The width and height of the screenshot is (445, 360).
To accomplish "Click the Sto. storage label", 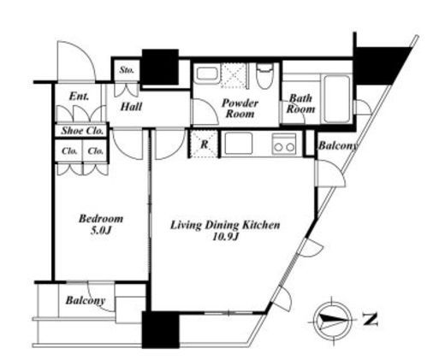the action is (x=127, y=70).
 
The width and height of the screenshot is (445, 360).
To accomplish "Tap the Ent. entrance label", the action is (x=79, y=97).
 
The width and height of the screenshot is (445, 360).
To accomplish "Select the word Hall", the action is (x=131, y=107).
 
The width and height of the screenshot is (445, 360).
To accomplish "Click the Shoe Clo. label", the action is (x=82, y=131).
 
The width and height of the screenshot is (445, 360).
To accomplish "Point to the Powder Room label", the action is (x=240, y=109).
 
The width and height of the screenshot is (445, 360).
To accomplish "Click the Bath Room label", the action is (x=300, y=103).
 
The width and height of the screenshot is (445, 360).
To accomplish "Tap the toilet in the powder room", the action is (x=264, y=75).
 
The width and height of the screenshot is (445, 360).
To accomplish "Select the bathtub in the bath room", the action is (x=337, y=98).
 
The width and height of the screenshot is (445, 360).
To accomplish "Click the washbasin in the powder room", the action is (x=207, y=74).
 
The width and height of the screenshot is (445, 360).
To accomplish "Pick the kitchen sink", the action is (x=239, y=144).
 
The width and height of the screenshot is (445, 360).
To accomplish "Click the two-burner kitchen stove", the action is (x=284, y=144).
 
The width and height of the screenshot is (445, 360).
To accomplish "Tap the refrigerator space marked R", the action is (x=205, y=144).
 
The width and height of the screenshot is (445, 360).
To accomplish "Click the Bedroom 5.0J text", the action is (x=101, y=224).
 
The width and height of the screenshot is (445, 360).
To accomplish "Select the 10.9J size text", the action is (x=225, y=236).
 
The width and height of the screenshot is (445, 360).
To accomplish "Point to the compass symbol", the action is (x=332, y=321).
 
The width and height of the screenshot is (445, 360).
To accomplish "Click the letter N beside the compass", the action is (x=370, y=320).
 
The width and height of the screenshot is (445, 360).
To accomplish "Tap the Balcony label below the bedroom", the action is (x=86, y=300).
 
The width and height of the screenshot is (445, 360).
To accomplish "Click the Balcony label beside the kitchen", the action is (x=338, y=145).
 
